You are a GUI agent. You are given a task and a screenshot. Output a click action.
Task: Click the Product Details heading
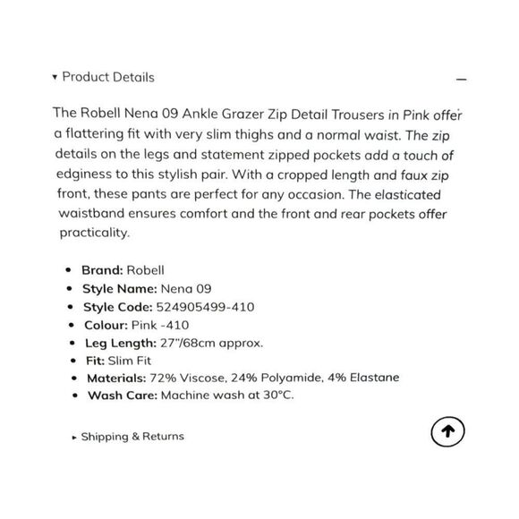[x=107, y=77]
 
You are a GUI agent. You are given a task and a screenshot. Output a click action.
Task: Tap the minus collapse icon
[x=461, y=80]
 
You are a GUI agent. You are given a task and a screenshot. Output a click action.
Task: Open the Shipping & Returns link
[x=132, y=437]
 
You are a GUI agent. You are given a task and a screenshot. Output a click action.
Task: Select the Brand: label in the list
[x=103, y=269]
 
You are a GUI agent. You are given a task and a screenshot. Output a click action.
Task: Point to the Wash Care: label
[x=120, y=396]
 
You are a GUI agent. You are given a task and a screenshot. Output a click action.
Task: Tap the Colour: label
[x=105, y=325]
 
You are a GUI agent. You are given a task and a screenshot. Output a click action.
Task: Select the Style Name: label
[x=118, y=289]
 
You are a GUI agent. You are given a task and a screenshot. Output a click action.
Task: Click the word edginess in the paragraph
[x=82, y=174]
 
